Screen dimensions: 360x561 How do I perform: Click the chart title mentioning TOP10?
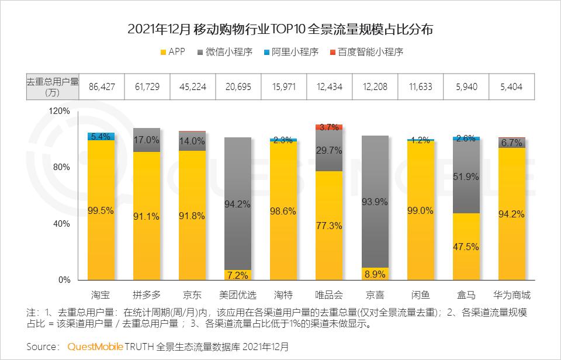click(280, 29)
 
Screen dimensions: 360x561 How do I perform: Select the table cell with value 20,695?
click(237, 86)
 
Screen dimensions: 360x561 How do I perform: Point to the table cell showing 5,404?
click(508, 86)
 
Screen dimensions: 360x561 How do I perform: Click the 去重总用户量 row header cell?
click(51, 86)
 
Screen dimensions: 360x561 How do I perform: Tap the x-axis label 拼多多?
click(146, 294)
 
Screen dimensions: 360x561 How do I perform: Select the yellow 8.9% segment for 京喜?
click(375, 274)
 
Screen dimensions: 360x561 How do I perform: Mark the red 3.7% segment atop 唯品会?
click(329, 127)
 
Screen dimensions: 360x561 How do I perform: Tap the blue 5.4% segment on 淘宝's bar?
click(101, 136)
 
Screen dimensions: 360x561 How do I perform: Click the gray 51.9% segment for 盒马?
click(466, 176)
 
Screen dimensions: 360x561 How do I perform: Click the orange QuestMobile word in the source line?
click(95, 347)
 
